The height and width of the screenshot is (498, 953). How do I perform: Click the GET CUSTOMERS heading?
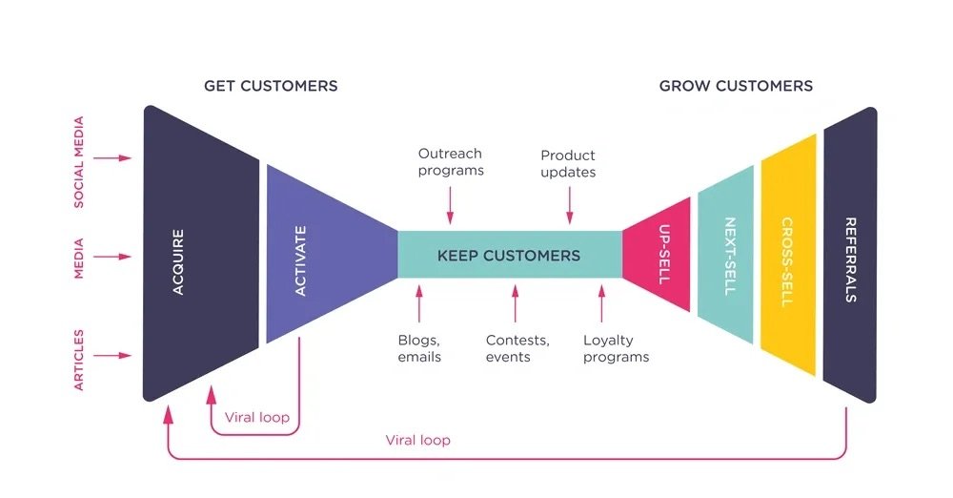tap(271, 86)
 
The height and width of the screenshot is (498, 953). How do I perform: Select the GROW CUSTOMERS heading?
tap(736, 86)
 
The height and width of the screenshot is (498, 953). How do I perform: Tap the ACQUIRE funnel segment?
tap(200, 254)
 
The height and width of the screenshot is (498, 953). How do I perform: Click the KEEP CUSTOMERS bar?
tap(509, 255)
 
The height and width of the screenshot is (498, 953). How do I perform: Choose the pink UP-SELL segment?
tap(659, 254)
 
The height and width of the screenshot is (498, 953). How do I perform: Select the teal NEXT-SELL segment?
tap(725, 255)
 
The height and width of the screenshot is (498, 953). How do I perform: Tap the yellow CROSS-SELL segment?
tap(788, 255)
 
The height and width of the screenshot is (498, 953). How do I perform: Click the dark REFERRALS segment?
tap(850, 255)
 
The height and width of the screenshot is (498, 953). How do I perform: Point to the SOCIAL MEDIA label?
tap(79, 162)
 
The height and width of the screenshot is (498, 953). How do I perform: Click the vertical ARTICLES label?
tap(79, 360)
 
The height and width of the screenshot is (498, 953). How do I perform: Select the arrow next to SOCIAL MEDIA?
tap(112, 158)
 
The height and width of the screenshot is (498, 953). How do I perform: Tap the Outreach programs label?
tap(451, 162)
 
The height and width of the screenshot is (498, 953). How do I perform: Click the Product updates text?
tap(568, 164)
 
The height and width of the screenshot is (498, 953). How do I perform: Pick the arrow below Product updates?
tap(570, 205)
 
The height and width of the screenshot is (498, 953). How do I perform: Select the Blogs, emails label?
tap(419, 348)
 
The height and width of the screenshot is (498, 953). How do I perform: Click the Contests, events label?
tap(517, 348)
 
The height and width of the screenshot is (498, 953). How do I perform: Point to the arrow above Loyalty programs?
tap(601, 303)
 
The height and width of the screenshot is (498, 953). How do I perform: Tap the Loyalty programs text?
tap(616, 348)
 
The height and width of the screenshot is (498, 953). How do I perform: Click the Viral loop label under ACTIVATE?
tap(257, 418)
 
